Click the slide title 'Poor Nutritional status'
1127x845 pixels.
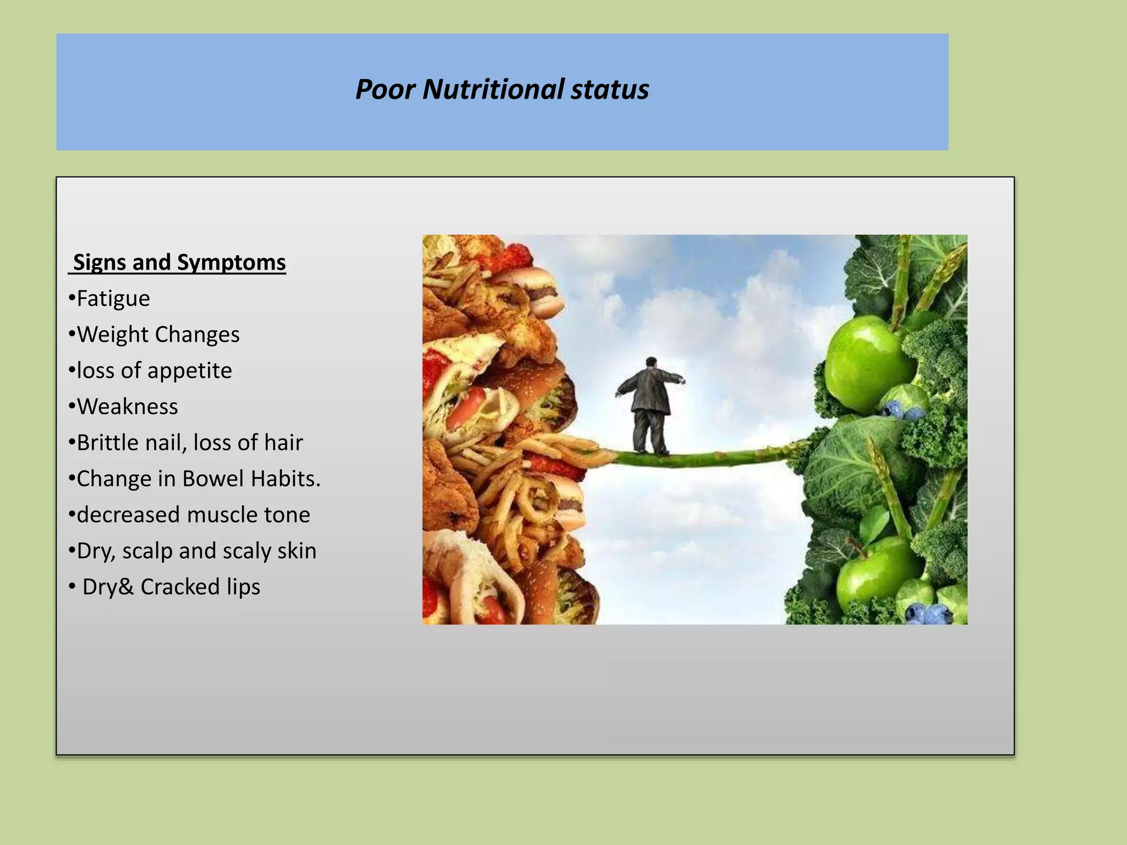coord(502,89)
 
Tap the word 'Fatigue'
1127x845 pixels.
coord(113,299)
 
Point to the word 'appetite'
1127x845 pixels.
coord(189,371)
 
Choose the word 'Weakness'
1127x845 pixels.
coord(127,407)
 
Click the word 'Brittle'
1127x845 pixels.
coord(107,443)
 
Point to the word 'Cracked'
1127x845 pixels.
coord(180,587)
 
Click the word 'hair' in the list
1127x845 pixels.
coord(283,443)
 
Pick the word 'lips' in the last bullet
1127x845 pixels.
coord(243,587)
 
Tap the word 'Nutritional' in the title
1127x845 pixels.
coord(493,89)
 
